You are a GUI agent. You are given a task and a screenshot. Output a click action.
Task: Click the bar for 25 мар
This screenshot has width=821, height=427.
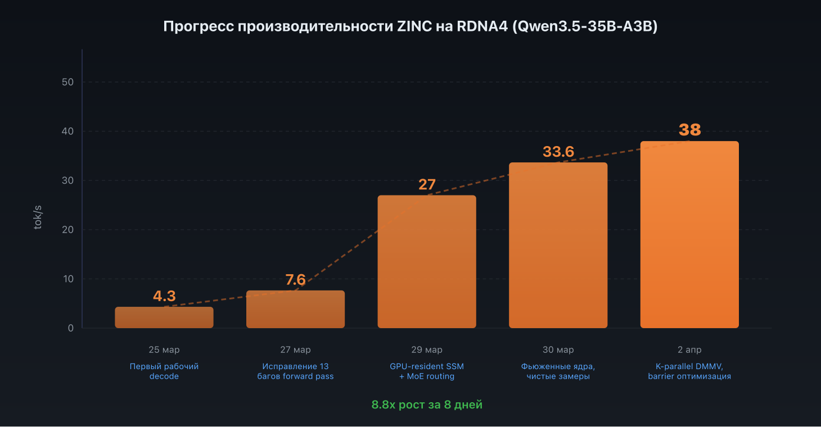(x=164, y=317)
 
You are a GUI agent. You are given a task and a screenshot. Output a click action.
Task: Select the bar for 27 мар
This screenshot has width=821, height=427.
(x=295, y=309)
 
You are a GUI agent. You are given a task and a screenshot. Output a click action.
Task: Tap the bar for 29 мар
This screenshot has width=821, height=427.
(x=427, y=262)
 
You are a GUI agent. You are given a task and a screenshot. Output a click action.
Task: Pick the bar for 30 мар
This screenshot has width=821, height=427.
(x=558, y=246)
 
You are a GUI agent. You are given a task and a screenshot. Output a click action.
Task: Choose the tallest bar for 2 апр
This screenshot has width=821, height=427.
(x=689, y=234)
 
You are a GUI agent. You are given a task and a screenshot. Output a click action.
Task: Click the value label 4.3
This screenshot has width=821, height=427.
(x=164, y=296)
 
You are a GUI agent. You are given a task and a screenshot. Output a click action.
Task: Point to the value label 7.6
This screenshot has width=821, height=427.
(x=295, y=280)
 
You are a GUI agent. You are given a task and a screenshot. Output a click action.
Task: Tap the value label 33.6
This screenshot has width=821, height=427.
(x=558, y=152)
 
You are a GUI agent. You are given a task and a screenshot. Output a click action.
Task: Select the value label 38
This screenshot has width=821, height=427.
(x=689, y=130)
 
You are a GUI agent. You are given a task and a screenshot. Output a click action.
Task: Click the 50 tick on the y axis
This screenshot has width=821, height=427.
(x=67, y=82)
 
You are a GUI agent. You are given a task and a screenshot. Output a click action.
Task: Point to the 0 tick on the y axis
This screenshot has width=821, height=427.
(x=71, y=328)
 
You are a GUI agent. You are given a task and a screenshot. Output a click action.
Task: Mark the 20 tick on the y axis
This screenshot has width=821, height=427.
(x=67, y=230)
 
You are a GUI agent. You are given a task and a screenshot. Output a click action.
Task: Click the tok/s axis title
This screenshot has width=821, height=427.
(x=38, y=217)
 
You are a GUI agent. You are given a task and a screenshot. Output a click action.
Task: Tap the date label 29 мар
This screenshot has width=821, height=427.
(x=427, y=350)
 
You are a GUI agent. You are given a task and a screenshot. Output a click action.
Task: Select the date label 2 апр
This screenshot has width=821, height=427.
(x=689, y=350)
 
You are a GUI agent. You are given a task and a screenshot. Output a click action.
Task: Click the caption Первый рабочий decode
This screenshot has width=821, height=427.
(x=164, y=371)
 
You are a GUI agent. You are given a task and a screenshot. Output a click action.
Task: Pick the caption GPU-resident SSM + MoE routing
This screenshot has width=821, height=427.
(x=427, y=371)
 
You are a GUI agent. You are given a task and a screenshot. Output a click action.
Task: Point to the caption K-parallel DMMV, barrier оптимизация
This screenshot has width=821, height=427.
(x=689, y=371)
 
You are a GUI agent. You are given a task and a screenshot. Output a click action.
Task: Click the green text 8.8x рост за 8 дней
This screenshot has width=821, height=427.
(x=427, y=405)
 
